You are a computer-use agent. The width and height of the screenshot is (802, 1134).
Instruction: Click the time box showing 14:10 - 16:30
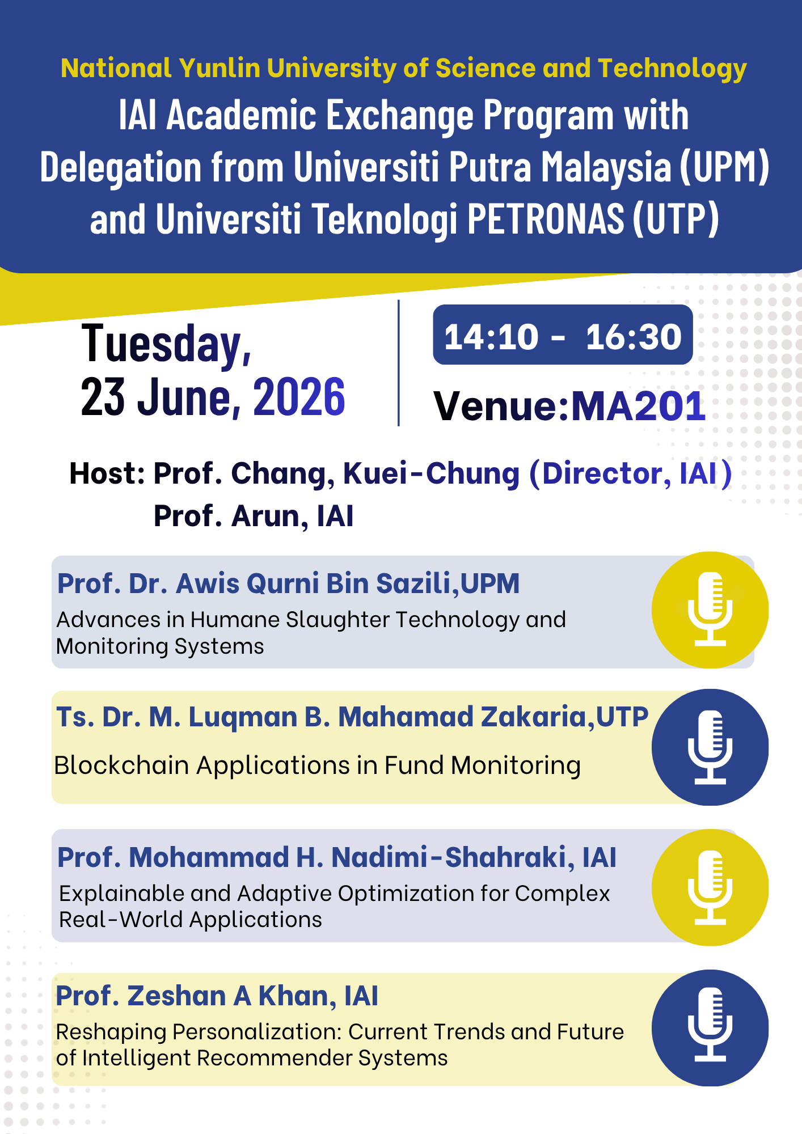point(563,335)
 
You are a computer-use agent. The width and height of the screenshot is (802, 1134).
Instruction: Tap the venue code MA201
point(638,407)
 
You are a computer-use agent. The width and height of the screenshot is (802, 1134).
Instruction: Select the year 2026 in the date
point(299,397)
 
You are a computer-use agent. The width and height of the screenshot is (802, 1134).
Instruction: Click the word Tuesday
point(167,344)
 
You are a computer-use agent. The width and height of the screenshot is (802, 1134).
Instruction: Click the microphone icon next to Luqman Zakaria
point(710,747)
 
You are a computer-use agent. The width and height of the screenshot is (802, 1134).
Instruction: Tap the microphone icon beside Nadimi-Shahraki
point(710,887)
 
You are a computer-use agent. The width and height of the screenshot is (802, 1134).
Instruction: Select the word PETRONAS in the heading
point(546,219)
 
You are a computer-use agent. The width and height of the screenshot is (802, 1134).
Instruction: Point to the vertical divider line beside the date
point(399,363)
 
